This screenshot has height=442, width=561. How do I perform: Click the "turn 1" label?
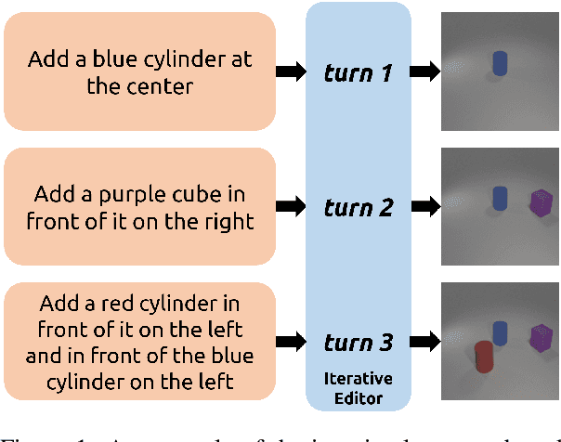(x=358, y=71)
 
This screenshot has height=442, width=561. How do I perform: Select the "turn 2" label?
(x=358, y=207)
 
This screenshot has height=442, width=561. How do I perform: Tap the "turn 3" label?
(x=358, y=344)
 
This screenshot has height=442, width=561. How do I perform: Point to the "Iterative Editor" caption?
(x=358, y=387)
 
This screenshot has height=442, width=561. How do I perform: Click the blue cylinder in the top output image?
(x=500, y=62)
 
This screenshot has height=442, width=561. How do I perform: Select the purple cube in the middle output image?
(x=540, y=203)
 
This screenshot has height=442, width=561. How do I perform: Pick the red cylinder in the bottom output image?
(x=484, y=357)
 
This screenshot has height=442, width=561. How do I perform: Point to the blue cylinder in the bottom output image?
(x=501, y=333)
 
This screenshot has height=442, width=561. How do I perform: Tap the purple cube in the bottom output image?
(x=540, y=340)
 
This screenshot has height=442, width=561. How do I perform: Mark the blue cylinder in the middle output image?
(x=501, y=197)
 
